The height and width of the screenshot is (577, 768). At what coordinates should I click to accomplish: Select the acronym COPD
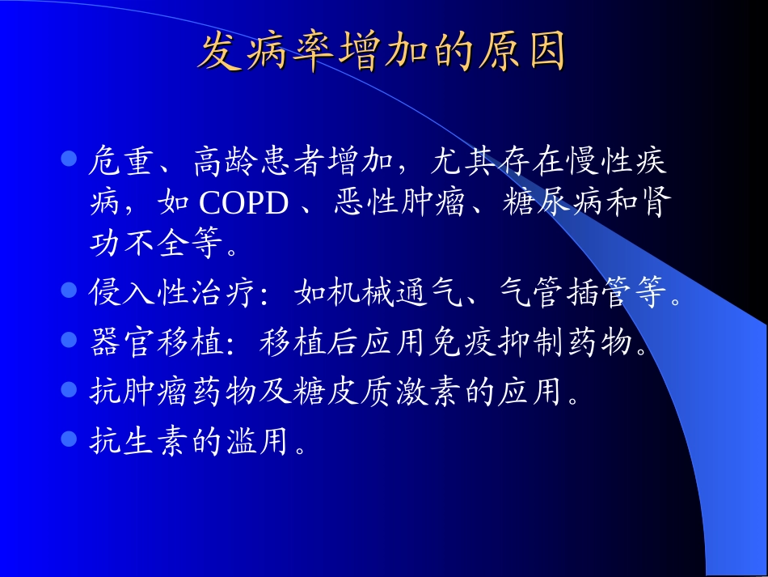coord(243,203)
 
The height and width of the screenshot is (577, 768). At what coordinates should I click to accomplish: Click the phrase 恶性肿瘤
coord(399,203)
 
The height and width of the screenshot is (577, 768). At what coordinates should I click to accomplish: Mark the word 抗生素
coord(138,442)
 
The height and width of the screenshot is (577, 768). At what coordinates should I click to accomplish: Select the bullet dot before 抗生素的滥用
coord(70,438)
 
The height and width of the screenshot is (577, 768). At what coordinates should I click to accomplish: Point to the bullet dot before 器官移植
coord(70,339)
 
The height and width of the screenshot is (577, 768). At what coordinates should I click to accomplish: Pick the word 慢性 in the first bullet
coord(579,163)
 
